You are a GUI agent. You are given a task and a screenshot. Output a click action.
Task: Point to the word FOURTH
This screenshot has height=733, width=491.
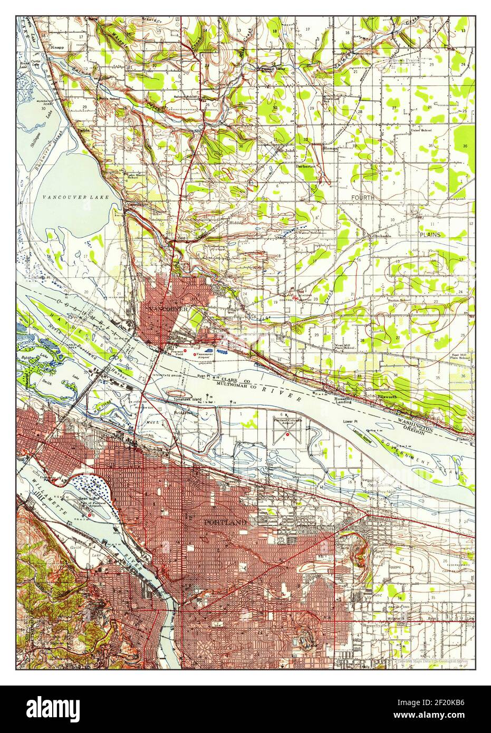pos(363,198)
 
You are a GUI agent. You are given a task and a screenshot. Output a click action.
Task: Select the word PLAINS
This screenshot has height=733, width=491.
pos(430,234)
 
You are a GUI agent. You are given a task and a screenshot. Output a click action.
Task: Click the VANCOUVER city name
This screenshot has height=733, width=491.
pos(168,308)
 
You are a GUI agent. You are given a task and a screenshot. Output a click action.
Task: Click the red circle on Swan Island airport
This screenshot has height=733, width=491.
pos(90,515)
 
